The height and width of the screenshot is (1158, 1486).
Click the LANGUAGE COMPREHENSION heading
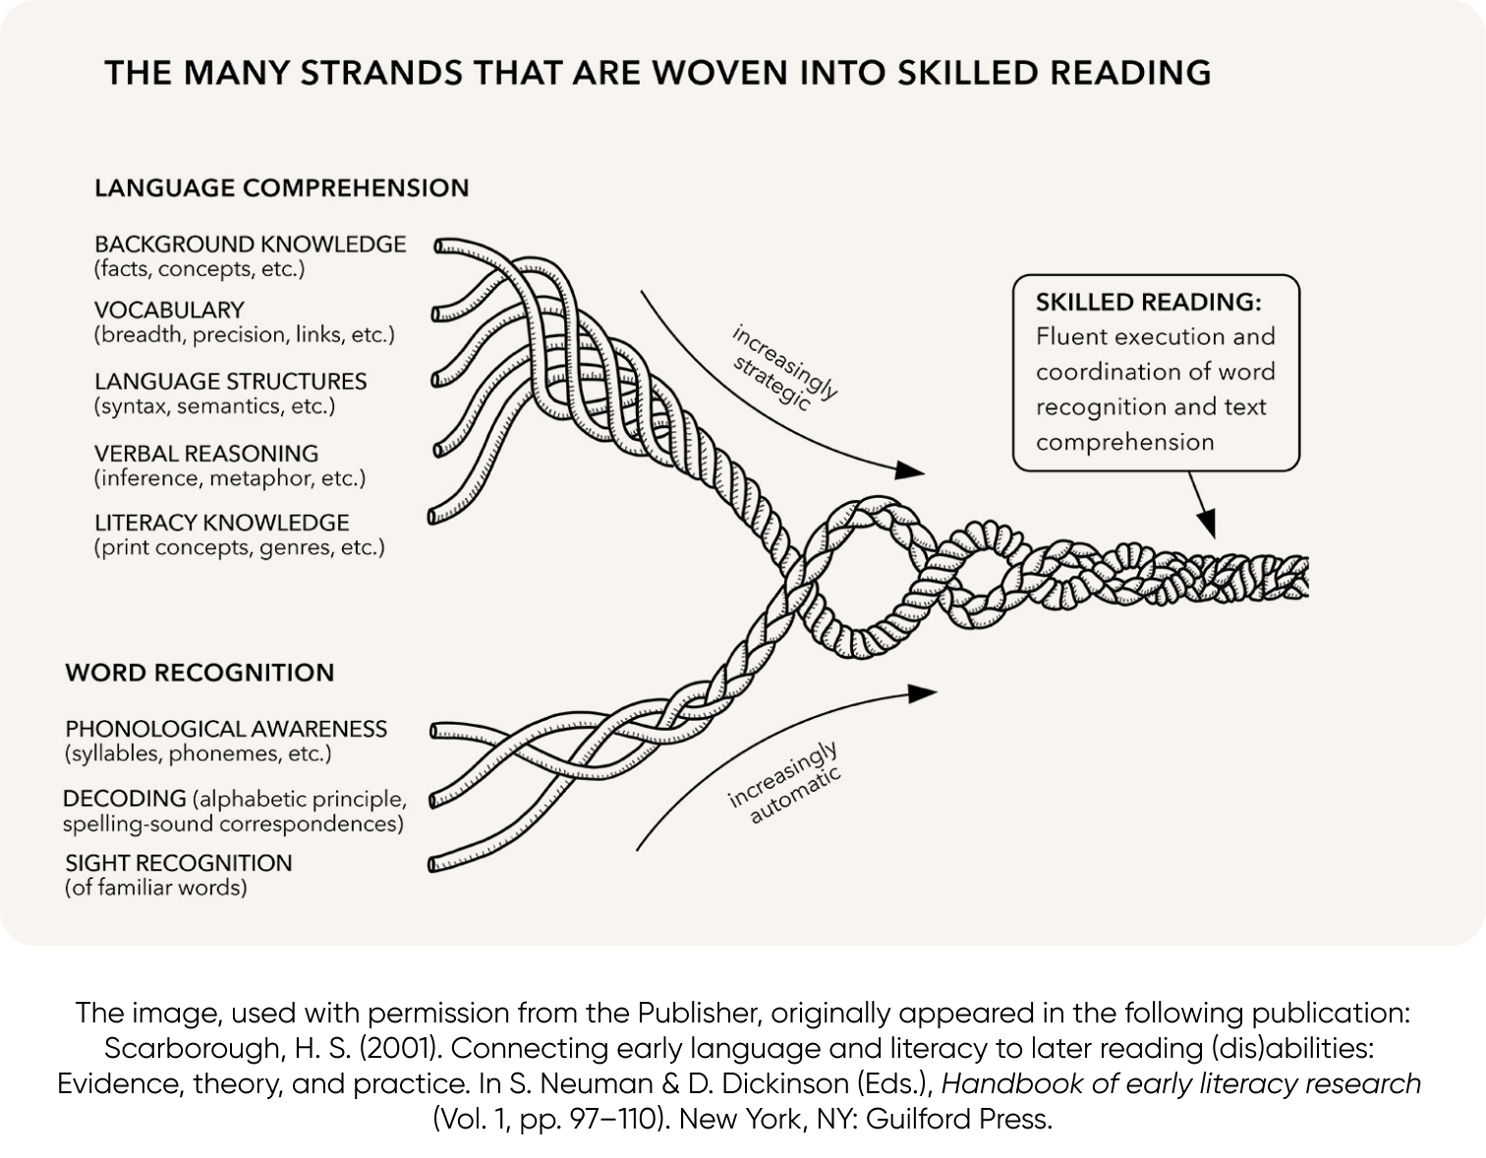(x=281, y=188)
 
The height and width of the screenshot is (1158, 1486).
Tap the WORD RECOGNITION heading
(x=200, y=673)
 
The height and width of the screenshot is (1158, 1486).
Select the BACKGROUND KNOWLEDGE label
(x=250, y=244)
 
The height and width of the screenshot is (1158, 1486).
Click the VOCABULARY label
(x=169, y=309)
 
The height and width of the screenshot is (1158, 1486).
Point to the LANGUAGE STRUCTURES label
(x=230, y=381)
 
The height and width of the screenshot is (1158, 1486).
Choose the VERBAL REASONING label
(x=206, y=454)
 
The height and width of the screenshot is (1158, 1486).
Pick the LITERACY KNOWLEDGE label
(x=221, y=523)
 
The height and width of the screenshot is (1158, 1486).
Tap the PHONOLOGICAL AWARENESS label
(x=226, y=729)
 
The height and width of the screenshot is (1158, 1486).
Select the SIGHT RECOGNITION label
(x=178, y=863)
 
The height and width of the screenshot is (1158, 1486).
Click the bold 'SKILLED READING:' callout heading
(x=1148, y=303)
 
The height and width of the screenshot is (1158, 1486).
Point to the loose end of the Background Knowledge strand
(x=440, y=246)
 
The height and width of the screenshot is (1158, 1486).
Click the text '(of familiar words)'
(x=155, y=888)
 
